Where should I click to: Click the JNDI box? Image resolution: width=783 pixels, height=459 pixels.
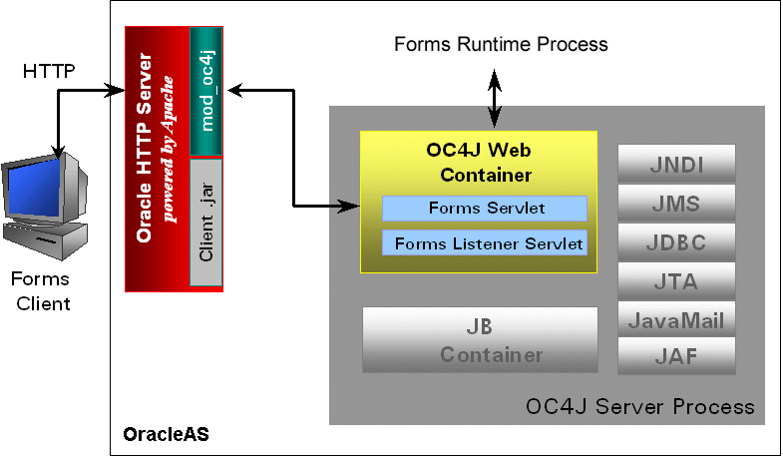click(676, 162)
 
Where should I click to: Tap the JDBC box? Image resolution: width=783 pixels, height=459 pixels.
click(676, 242)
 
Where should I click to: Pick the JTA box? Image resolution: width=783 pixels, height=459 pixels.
click(676, 281)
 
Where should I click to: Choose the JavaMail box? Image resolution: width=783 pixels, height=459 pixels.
click(676, 320)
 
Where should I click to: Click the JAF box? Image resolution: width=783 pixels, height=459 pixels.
click(676, 355)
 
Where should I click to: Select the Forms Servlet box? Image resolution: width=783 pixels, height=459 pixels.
click(485, 209)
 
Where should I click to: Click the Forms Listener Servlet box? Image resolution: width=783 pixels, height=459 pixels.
click(485, 242)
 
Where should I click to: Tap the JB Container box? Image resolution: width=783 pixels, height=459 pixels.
click(479, 340)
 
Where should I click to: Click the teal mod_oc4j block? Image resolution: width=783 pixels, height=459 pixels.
click(204, 91)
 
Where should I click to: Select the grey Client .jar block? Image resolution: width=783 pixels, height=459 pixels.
click(204, 222)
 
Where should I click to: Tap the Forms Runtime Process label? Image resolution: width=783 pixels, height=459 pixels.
click(501, 44)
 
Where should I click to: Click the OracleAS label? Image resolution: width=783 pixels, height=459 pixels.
click(165, 435)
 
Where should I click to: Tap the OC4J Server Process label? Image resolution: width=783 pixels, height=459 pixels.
click(639, 406)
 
